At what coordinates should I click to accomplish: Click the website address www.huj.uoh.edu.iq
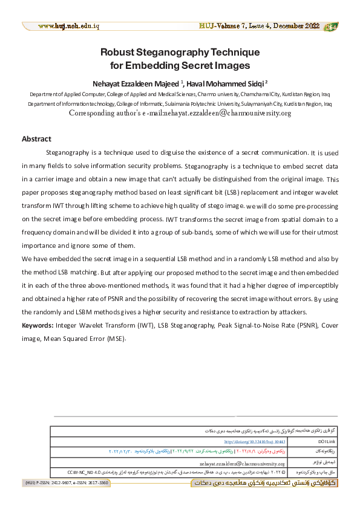coord(68,27)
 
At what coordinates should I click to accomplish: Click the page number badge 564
coord(332,27)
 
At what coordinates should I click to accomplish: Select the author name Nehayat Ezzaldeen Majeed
coord(137,83)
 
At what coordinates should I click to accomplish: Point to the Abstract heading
coord(36,139)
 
